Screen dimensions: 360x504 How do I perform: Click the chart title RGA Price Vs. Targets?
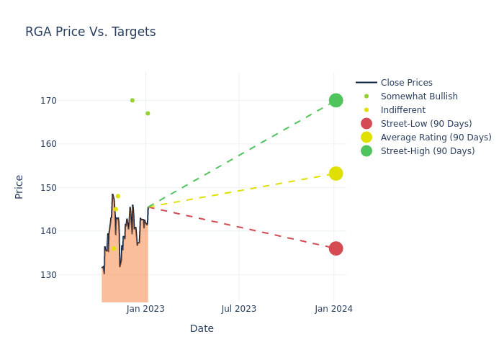tap(90, 32)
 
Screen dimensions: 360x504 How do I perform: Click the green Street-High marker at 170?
tap(336, 100)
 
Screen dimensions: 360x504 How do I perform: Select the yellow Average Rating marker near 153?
tap(336, 174)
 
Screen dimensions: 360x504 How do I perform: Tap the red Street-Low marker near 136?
tap(336, 248)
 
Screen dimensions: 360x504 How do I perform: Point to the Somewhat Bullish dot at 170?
tap(132, 100)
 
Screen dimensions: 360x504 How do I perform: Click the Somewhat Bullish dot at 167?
tap(148, 113)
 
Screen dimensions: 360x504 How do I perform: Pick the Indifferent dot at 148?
tap(118, 196)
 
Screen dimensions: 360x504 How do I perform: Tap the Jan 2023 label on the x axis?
tap(145, 309)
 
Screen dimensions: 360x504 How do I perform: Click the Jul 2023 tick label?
tap(239, 309)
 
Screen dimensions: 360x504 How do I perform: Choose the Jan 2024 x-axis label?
tap(333, 309)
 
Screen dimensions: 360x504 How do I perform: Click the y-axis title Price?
tap(19, 186)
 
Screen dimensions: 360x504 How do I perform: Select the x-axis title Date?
tap(202, 328)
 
